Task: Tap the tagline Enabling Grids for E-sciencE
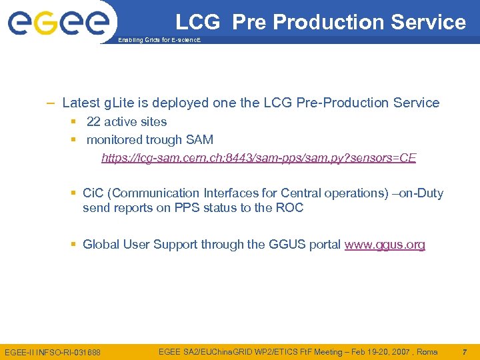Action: pos(159,41)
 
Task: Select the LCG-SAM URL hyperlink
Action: pos(259,158)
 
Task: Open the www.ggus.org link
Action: pos(385,245)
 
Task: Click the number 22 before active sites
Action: pos(93,122)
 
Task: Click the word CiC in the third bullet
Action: pos(93,193)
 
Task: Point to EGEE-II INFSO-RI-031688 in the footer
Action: pos(53,352)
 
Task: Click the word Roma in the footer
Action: pos(426,351)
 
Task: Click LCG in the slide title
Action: pos(197,22)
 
